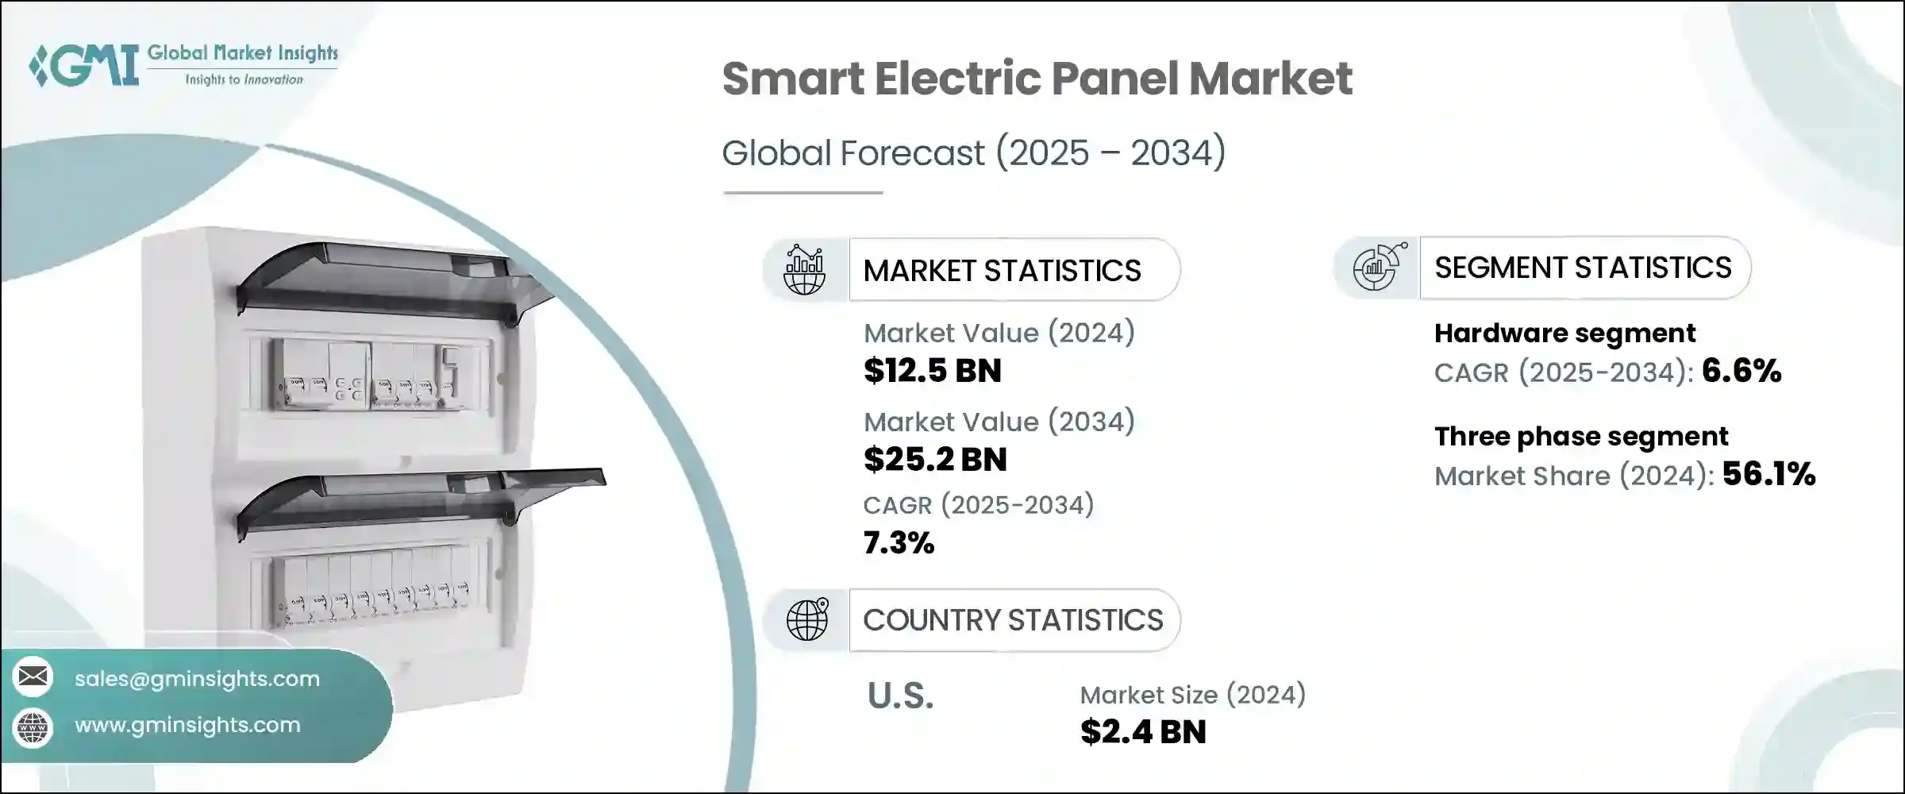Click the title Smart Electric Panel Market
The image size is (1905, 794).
tap(1037, 79)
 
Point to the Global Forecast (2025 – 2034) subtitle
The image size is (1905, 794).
tap(973, 152)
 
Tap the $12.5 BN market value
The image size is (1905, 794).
tap(932, 371)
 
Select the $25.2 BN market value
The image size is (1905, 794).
tap(935, 460)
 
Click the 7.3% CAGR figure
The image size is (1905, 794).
tap(899, 543)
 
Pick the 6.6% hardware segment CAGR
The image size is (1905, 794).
tap(1741, 371)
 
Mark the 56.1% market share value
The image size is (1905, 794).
tap(1768, 474)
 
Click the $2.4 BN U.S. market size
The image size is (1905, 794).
tap(1143, 732)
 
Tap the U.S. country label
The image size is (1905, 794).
tap(900, 696)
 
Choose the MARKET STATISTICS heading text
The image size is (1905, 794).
tap(1002, 271)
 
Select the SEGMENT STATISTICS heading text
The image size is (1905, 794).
tap(1583, 268)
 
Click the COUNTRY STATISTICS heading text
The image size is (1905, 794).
tap(1013, 620)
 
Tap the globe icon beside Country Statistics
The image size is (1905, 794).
tap(806, 619)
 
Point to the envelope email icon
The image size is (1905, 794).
tap(33, 676)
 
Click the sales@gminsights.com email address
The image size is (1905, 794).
tap(197, 679)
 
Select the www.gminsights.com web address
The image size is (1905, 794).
tap(187, 725)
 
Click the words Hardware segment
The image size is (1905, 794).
tap(1564, 333)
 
